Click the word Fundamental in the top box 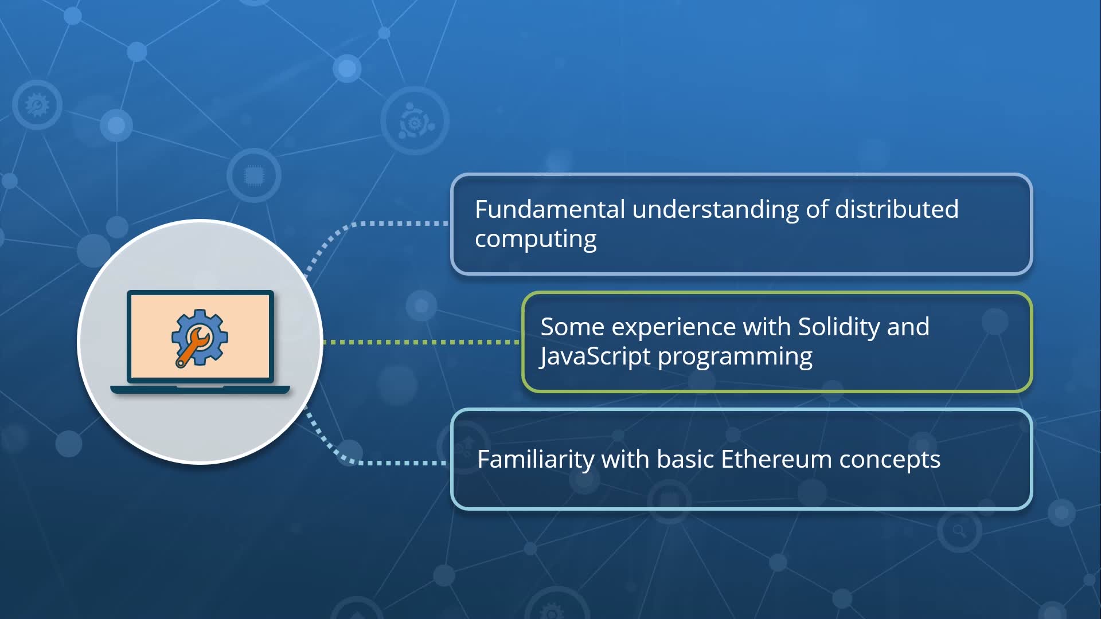point(549,209)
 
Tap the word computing point(536,239)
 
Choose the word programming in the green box point(735,356)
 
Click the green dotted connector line point(421,342)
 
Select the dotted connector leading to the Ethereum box point(396,462)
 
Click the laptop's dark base point(200,390)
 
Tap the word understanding point(715,209)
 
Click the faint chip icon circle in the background point(253,175)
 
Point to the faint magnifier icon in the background point(959,531)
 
